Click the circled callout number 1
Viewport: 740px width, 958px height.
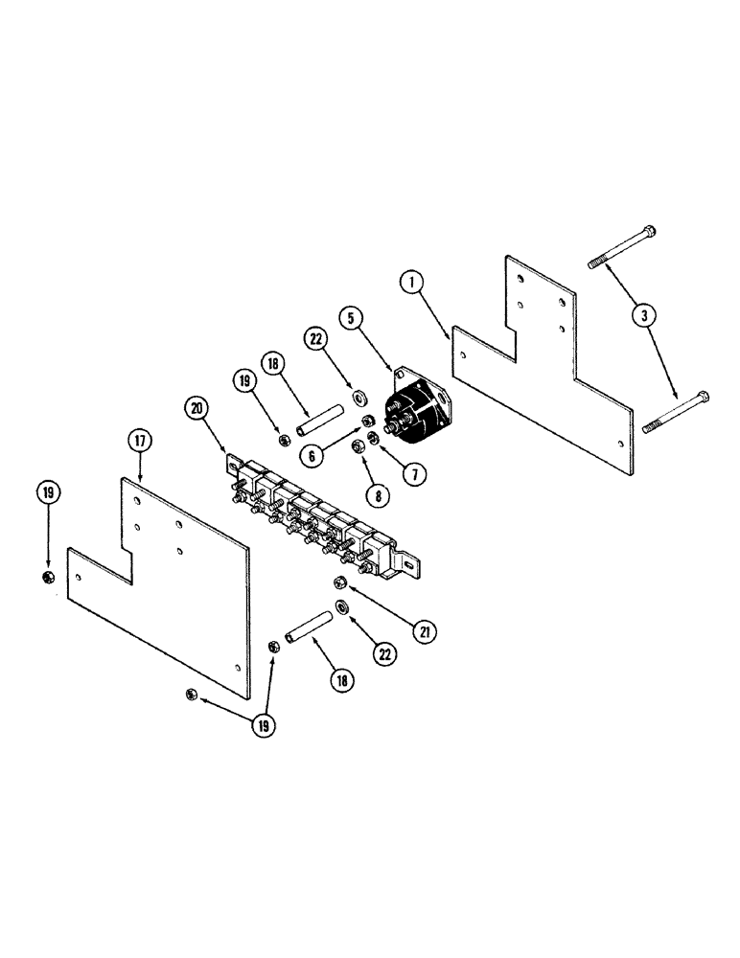(x=410, y=284)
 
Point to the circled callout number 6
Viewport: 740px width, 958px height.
(x=312, y=456)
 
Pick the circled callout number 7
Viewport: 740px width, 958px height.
(x=416, y=471)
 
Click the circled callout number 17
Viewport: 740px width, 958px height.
(x=140, y=443)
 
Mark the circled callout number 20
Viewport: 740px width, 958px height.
(x=197, y=408)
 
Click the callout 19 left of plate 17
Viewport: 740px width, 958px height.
(x=49, y=493)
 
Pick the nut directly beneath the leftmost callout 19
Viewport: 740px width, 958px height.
(x=49, y=576)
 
